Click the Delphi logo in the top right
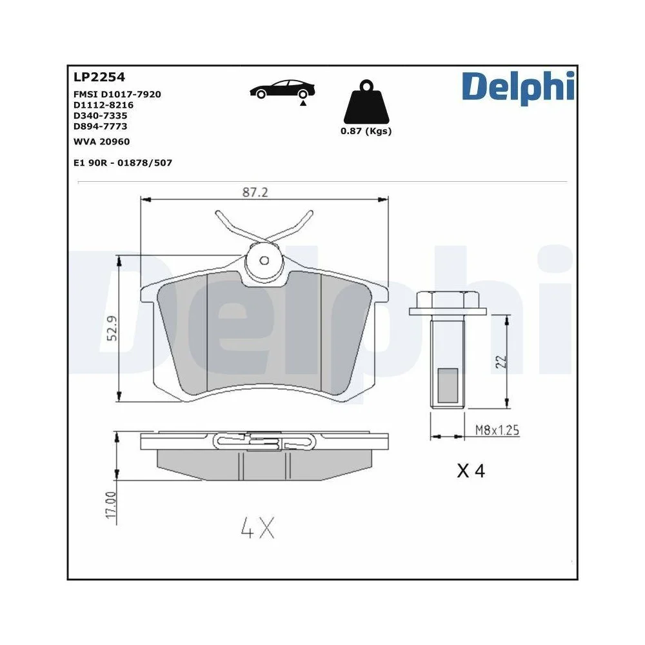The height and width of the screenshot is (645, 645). pos(517,88)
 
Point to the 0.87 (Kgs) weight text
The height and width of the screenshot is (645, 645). pos(366,131)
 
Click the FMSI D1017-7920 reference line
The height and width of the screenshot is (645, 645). pos(117,94)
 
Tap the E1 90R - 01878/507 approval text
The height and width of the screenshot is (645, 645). pos(123,163)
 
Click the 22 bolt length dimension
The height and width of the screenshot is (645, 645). pos(501,361)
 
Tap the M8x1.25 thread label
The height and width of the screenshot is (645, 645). pos(497,430)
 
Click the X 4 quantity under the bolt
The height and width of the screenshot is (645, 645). pos(470,471)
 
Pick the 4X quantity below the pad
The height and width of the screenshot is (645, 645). pos(258,529)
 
